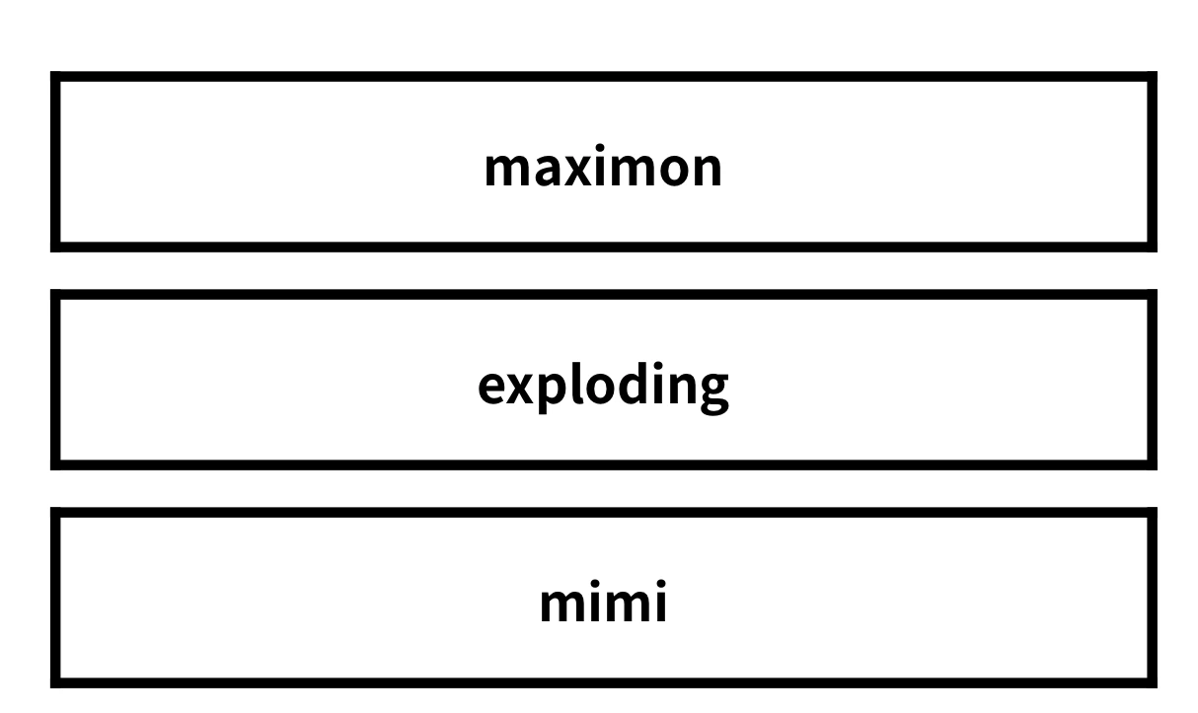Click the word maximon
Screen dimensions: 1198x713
pyautogui.click(x=603, y=166)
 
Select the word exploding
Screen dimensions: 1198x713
pyautogui.click(x=603, y=387)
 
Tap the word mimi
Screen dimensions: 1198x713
pyautogui.click(x=603, y=602)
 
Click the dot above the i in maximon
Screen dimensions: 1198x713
pyautogui.click(x=600, y=148)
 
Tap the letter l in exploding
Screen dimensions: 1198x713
pyautogui.click(x=576, y=384)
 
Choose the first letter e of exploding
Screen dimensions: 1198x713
pyautogui.click(x=493, y=388)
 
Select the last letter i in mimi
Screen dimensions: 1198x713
pyautogui.click(x=660, y=602)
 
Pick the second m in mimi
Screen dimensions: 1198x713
pyautogui.click(x=627, y=605)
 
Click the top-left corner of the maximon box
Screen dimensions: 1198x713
pyautogui.click(x=50, y=72)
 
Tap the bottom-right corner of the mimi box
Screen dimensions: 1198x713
pyautogui.click(x=1157, y=687)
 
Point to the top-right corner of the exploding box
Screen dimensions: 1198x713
pyautogui.click(x=1157, y=290)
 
